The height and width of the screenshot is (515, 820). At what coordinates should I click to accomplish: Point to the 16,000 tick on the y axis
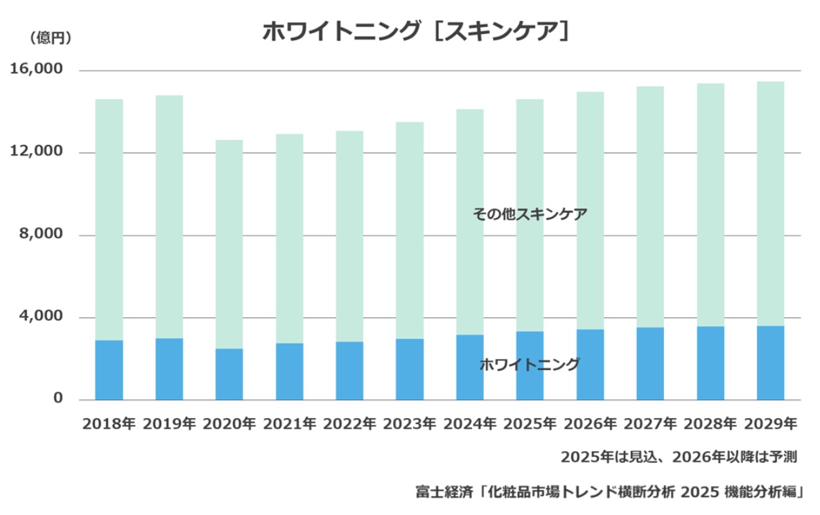37,71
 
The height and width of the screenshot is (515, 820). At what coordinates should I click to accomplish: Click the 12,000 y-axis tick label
37,152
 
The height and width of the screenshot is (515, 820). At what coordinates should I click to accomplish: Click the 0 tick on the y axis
58,399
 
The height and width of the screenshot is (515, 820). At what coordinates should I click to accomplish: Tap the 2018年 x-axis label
109,423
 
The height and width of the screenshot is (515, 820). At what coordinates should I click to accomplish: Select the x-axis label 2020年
229,423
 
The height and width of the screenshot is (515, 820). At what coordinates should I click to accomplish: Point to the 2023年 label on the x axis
410,423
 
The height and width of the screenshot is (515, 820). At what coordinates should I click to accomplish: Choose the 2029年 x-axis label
770,423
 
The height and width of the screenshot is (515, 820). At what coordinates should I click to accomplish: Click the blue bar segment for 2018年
109,370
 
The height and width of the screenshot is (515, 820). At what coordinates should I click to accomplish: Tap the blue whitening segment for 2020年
229,374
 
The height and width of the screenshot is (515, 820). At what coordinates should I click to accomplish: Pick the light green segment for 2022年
349,236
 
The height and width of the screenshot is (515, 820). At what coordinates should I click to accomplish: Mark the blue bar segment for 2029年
770,363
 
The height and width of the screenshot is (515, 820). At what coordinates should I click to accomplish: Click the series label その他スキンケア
530,214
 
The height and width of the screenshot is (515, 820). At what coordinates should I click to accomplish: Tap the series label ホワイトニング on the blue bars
530,365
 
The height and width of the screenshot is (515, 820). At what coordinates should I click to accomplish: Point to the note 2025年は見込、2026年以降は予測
679,457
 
